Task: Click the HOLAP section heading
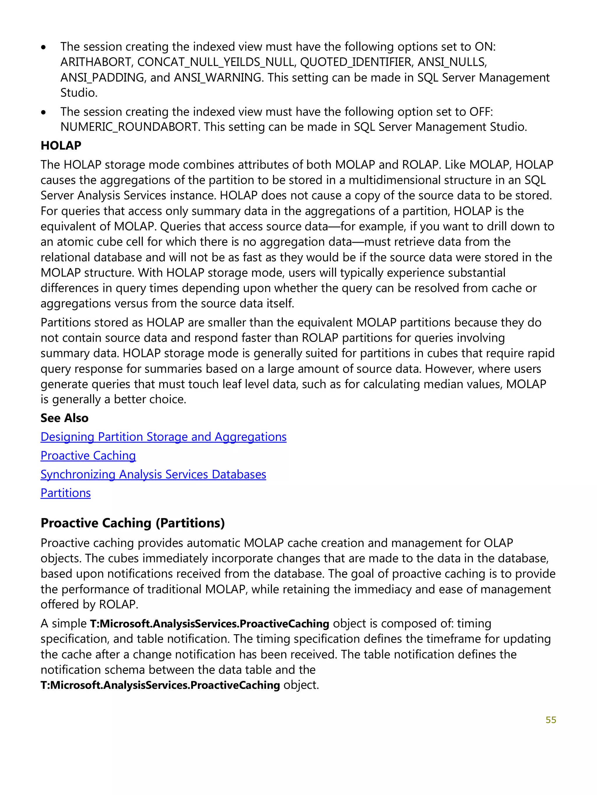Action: (x=61, y=146)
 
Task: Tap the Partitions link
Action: (x=65, y=493)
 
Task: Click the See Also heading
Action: (x=64, y=418)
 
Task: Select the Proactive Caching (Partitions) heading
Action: (x=133, y=523)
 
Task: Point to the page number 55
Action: (x=551, y=720)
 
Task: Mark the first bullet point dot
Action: (x=43, y=47)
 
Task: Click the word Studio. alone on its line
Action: (x=79, y=93)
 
